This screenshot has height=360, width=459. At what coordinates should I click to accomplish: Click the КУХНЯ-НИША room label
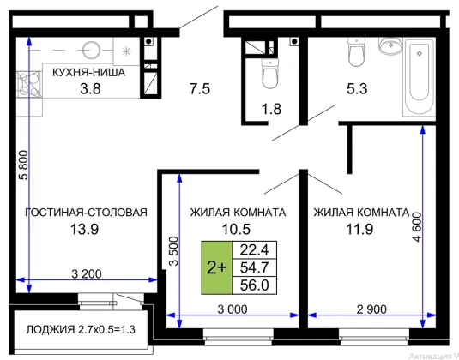click(88, 72)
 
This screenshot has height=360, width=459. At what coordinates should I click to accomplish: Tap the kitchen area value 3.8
click(90, 88)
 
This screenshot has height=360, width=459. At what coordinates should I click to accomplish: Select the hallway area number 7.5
click(200, 88)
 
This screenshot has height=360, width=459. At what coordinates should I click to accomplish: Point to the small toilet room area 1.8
click(271, 109)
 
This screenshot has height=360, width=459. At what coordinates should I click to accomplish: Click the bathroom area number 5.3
click(357, 88)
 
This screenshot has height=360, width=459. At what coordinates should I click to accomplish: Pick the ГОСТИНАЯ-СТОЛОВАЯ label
click(86, 213)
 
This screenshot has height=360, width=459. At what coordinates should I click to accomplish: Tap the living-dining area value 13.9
click(84, 229)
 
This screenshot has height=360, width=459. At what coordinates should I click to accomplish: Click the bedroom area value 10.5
click(236, 229)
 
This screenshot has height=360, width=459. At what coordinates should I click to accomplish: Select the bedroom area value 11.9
click(359, 229)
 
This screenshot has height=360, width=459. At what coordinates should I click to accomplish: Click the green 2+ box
click(216, 267)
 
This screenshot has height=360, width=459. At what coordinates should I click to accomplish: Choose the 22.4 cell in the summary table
click(255, 250)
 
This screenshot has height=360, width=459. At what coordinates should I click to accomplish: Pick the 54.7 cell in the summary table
click(255, 267)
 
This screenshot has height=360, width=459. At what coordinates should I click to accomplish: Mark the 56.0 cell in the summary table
click(255, 285)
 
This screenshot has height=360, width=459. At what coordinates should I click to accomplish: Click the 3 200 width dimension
click(87, 274)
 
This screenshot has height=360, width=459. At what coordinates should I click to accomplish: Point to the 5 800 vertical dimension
click(24, 165)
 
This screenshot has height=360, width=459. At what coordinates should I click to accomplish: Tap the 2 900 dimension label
click(371, 309)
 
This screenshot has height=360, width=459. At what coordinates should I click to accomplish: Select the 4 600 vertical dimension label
click(417, 226)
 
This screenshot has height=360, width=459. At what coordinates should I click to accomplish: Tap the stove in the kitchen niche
click(29, 85)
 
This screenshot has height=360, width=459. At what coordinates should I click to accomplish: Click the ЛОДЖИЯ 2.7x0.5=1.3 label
click(81, 330)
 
